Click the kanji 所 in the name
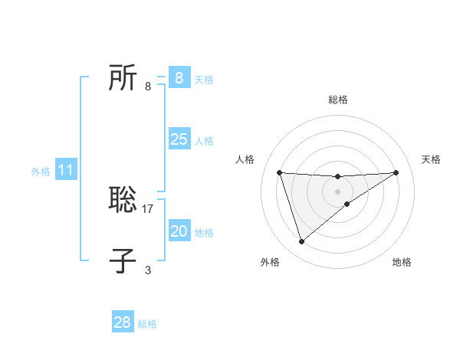[123, 78]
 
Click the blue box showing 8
[179, 77]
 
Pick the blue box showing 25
[179, 139]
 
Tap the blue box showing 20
[179, 231]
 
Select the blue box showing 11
[66, 170]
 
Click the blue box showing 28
[122, 322]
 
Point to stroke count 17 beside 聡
[148, 208]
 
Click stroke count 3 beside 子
[148, 270]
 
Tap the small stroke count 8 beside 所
[148, 87]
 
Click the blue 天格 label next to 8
[204, 79]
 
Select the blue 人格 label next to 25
[204, 141]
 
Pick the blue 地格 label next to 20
[204, 233]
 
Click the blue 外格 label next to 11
[41, 172]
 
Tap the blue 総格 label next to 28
[147, 324]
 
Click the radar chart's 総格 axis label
[338, 100]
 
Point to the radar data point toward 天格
[396, 172]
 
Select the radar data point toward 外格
[301, 242]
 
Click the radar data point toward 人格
[279, 172]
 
